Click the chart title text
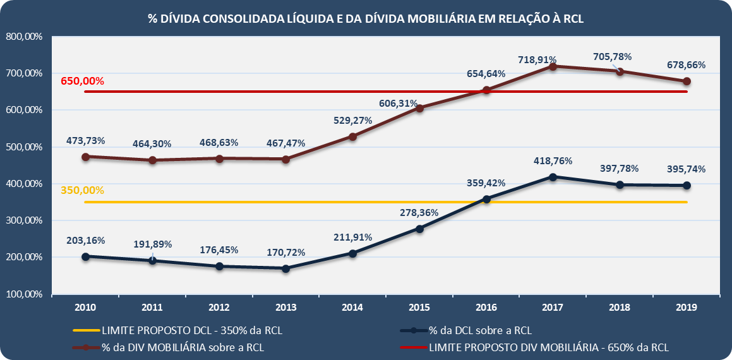[366, 18]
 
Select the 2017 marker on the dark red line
[553, 66]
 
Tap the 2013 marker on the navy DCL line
[285, 268]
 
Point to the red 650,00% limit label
[82, 81]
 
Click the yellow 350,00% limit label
[82, 189]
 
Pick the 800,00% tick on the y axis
[24, 37]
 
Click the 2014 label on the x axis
[352, 308]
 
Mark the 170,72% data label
[285, 252]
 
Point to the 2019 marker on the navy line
[687, 186]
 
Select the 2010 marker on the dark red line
[85, 156]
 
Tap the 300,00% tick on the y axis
[24, 221]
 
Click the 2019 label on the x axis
[686, 308]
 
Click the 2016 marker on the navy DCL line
[486, 199]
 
